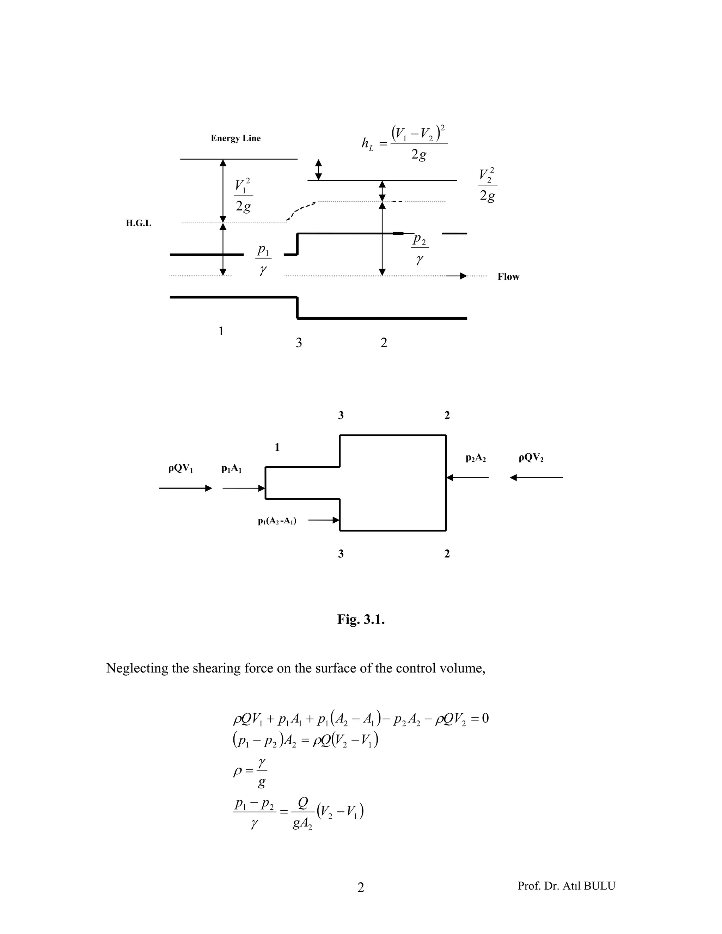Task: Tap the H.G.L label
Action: point(138,223)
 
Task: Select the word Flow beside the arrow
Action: point(508,277)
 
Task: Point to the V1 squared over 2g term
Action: point(243,196)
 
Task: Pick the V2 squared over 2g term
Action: point(487,185)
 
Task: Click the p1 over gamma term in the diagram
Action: point(263,259)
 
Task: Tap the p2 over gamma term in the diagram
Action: point(420,248)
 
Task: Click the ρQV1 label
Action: point(180,469)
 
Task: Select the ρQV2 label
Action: point(531,458)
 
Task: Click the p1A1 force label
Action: point(231,469)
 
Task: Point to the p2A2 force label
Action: point(476,458)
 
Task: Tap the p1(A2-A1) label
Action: point(277,521)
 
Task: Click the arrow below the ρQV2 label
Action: point(536,477)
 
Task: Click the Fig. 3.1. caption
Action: point(361,619)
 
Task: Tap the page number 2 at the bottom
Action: point(361,888)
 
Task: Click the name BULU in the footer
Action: point(599,886)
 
